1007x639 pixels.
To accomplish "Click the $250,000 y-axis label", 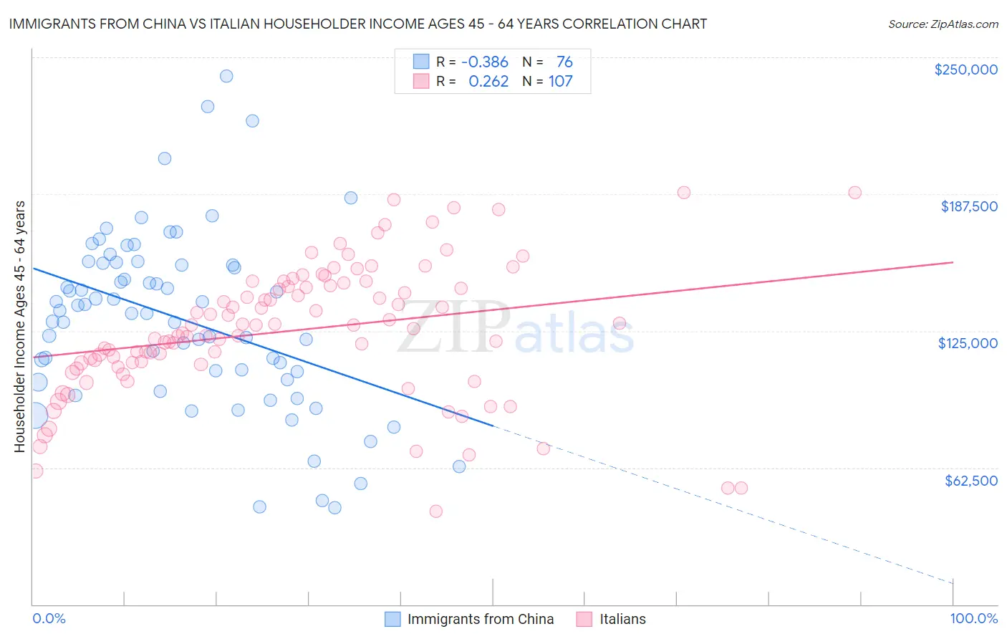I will click(965, 69).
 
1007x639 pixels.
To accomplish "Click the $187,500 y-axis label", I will click(969, 206).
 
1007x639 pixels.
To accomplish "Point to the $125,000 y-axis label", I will click(968, 343).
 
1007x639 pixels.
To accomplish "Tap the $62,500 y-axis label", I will click(971, 481).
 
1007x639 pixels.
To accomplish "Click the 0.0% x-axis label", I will click(49, 618).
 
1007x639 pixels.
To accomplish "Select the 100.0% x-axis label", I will click(973, 618).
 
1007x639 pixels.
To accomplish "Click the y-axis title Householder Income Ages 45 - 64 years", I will click(20, 327).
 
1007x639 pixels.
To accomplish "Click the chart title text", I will click(358, 24).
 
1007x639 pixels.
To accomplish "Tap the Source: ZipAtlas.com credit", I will click(943, 24).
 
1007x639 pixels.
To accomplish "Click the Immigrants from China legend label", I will click(481, 619).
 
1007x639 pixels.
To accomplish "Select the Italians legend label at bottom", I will click(622, 619).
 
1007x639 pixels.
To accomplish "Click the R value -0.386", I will click(484, 62).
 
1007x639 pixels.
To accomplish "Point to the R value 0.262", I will click(488, 82).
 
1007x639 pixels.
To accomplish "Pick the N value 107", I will click(561, 82).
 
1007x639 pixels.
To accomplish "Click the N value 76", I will click(564, 62).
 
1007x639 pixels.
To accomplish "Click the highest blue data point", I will click(226, 76).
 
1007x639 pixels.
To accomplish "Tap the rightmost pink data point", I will click(854, 193).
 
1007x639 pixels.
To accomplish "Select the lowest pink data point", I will click(435, 511).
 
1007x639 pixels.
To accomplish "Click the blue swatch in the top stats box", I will click(421, 62).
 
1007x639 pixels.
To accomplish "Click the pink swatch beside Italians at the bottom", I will click(584, 619).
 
